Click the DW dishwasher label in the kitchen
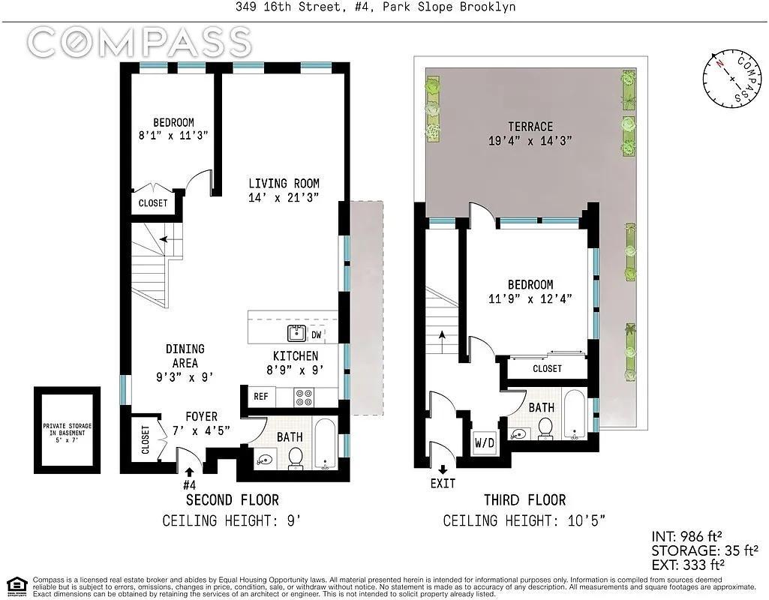pos(317,334)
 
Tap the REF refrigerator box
pos(260,397)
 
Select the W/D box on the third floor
pos(485,443)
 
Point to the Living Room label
pos(284,184)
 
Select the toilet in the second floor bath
pos(296,457)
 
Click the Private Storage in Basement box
pos(67,430)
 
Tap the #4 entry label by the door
pos(188,484)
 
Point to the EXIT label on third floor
pos(443,484)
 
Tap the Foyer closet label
pos(146,440)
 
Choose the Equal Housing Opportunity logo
pos(16,584)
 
